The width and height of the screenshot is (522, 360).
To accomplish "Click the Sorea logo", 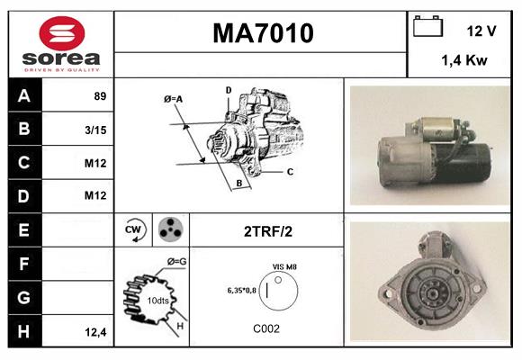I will (60, 43).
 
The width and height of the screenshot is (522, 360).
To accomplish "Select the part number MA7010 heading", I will (262, 33).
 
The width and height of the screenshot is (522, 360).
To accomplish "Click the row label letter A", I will (23, 95).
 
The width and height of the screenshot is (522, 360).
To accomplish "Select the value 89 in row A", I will (101, 95).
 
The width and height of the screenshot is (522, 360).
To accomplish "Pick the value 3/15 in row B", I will (97, 129).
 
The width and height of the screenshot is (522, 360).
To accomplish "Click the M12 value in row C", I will (96, 163).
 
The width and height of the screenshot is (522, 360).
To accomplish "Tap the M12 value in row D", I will (96, 196).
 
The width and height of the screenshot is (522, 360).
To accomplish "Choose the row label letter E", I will (23, 230).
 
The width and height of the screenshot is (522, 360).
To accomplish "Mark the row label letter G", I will (23, 298).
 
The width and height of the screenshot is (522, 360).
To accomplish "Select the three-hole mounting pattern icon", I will (169, 229).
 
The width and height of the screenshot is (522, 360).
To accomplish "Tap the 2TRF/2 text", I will (267, 231).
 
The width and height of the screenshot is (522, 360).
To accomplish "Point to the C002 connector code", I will (266, 328).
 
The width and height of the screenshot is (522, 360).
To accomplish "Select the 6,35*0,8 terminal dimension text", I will (241, 291).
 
